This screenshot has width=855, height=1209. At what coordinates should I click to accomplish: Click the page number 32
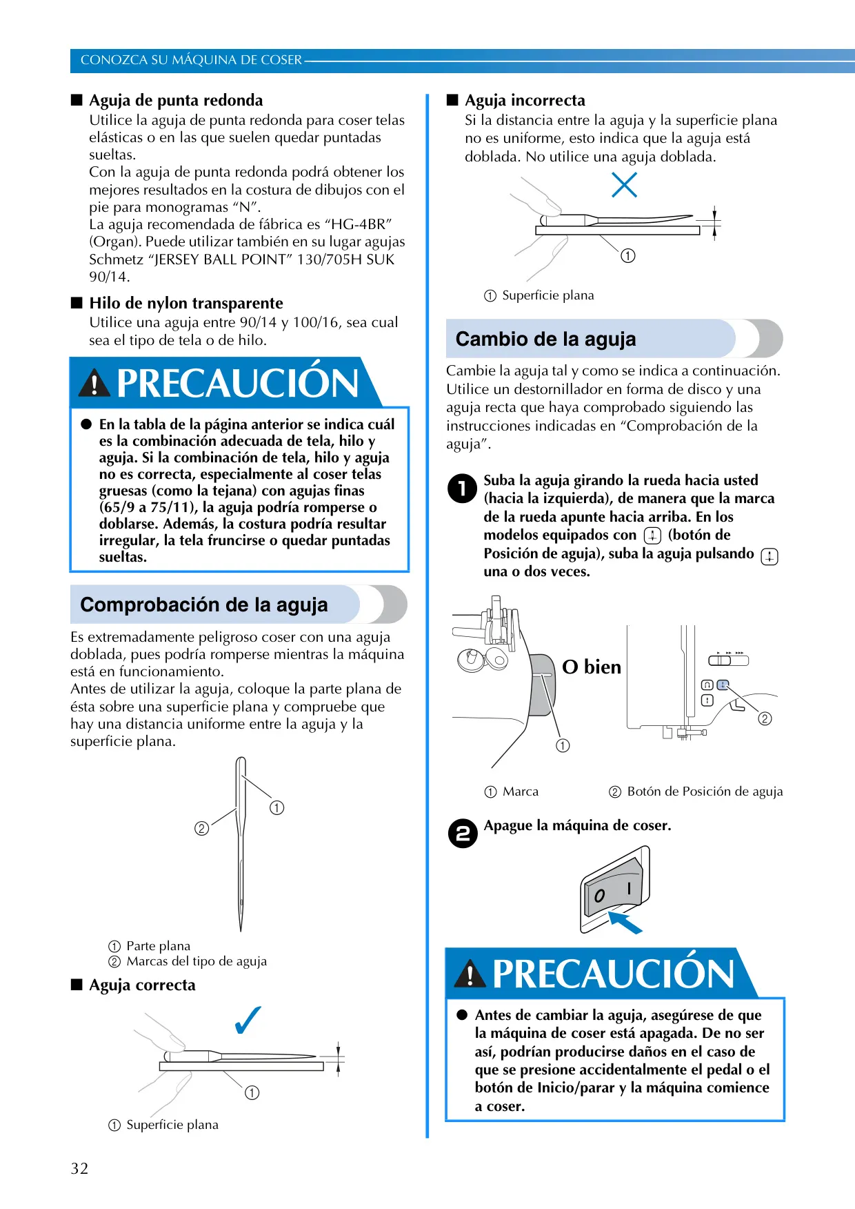[x=79, y=1168]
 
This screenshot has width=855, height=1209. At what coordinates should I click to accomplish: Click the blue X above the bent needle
[x=625, y=184]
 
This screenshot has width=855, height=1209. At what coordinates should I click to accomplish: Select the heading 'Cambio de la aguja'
[x=545, y=339]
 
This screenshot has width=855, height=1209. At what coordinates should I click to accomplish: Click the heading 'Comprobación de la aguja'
[x=204, y=604]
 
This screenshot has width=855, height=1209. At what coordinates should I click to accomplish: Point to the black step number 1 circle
[x=462, y=489]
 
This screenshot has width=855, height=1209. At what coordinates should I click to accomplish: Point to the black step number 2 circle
[x=463, y=834]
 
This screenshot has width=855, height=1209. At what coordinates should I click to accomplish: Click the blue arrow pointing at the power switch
[x=625, y=922]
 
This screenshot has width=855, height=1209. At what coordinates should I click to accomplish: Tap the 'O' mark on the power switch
[x=599, y=896]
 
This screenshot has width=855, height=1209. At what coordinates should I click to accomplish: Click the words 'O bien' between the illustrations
[x=592, y=667]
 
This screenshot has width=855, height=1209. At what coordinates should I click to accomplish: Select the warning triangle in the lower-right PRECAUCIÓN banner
[x=470, y=974]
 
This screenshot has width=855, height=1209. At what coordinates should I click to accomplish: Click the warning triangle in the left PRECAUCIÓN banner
[x=94, y=383]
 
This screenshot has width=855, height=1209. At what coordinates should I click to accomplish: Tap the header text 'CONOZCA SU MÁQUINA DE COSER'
[x=191, y=60]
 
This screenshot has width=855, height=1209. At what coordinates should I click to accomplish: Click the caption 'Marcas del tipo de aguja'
[x=197, y=961]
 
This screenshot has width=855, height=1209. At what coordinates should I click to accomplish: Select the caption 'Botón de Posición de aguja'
[x=705, y=792]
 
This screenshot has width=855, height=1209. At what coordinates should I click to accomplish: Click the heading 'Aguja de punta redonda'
[x=176, y=100]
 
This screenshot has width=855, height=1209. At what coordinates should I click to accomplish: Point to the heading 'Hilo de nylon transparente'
[x=186, y=303]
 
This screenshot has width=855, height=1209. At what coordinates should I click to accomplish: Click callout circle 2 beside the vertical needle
[x=201, y=828]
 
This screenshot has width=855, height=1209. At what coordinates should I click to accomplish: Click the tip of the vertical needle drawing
[x=241, y=931]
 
